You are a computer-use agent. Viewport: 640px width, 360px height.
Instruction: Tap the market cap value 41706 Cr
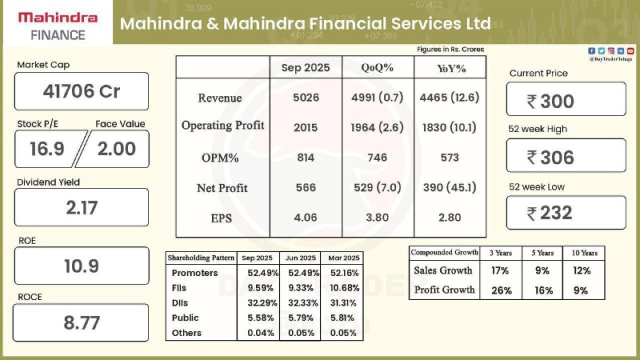[x=82, y=91]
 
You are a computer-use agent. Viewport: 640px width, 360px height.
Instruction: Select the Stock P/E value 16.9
[x=46, y=149]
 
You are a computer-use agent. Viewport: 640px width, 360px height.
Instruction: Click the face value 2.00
[x=116, y=149]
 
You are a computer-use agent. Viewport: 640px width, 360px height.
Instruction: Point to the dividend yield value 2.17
[x=82, y=208]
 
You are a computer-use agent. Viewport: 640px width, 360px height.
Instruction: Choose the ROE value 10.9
[x=82, y=266]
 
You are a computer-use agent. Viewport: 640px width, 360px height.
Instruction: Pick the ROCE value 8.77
[x=82, y=323]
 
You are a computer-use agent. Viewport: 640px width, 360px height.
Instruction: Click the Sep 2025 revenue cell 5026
[x=306, y=98]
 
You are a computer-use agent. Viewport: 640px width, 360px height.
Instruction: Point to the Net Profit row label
[x=222, y=188]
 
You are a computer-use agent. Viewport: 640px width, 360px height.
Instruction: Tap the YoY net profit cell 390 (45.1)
[x=449, y=188]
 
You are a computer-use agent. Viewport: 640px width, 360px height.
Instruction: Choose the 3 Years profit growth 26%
[x=502, y=290]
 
